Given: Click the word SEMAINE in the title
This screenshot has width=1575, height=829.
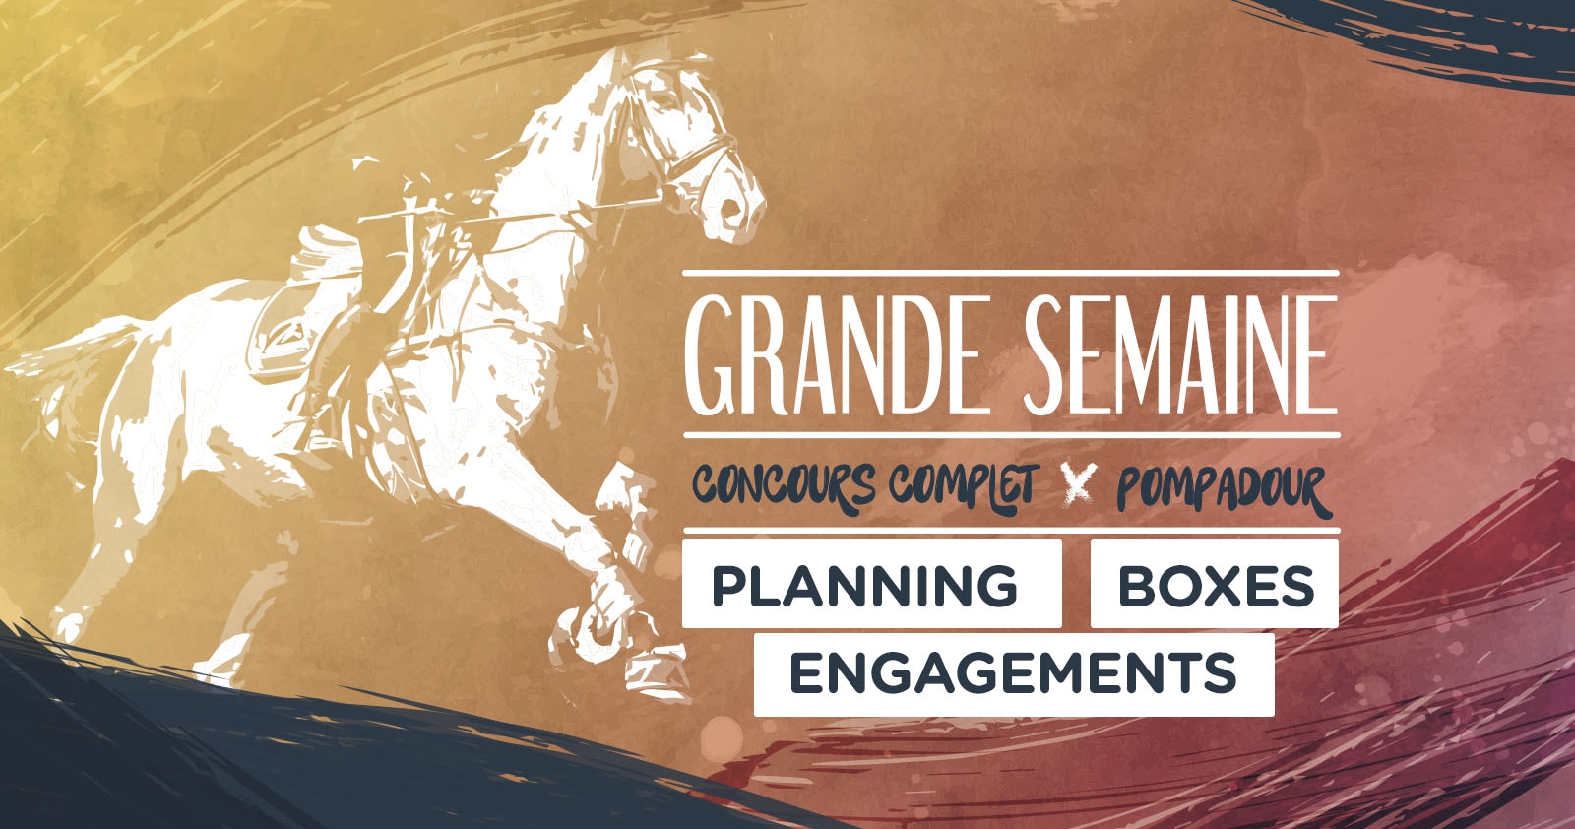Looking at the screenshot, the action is [x=1180, y=355].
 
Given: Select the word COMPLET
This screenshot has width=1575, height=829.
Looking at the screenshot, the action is [x=964, y=485].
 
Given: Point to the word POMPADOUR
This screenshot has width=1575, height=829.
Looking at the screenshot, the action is [x=1225, y=489].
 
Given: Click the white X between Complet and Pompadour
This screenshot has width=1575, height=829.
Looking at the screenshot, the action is [x=1079, y=484].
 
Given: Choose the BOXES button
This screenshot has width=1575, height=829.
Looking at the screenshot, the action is [x=1215, y=584].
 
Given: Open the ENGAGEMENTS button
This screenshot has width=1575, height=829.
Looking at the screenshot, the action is [x=1014, y=674].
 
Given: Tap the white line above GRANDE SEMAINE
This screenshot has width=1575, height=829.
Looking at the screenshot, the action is [x=1010, y=273].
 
